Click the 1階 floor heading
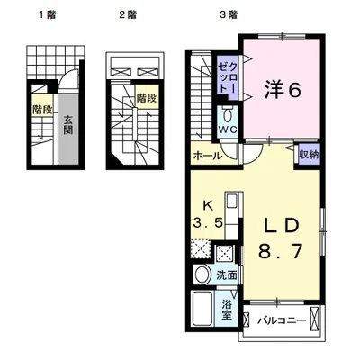pos(48,14)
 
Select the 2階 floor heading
pos(128,14)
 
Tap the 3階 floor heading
pos(229,14)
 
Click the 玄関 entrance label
pos(68,125)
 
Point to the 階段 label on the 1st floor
pos(42,110)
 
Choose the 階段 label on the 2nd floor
pos(147,98)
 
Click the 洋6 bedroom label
pos(283,90)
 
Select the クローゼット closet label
pos(229,77)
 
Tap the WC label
pos(228,130)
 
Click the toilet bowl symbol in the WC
pos(228,115)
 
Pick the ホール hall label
pos(208,156)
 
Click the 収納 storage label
pos(309,155)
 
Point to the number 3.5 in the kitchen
pos(208,223)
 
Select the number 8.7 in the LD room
pos(281,251)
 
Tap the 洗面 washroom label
pos(227,275)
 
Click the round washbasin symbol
pos(202,274)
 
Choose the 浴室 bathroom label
pos(227,310)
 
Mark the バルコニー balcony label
pos(282,321)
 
